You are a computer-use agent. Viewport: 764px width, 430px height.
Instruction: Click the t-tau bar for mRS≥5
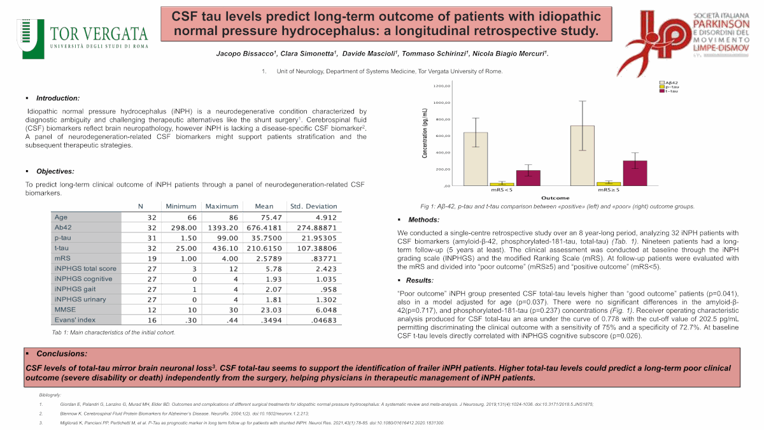pos(634,173)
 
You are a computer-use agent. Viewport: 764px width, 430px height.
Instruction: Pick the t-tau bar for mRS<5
pos(528,178)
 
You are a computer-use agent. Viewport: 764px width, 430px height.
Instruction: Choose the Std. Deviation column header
pos(313,206)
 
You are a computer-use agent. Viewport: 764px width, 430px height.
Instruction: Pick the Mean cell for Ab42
pos(264,227)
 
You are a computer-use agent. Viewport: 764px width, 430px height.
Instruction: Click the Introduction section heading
pos(57,98)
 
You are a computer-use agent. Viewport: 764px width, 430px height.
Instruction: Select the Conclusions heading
pos(62,354)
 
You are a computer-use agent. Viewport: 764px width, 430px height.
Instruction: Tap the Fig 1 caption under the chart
pos(557,206)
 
